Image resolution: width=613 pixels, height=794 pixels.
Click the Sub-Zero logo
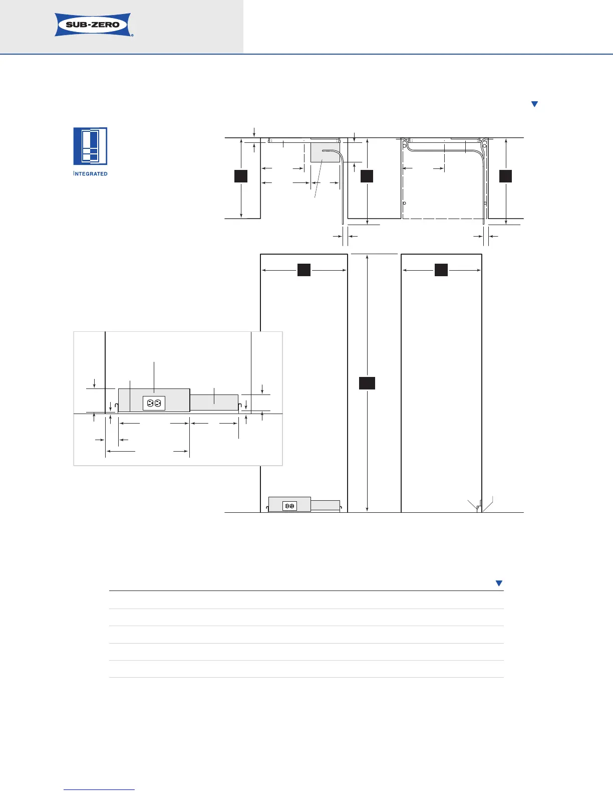(x=94, y=25)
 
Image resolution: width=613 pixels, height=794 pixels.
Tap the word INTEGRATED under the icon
(x=90, y=173)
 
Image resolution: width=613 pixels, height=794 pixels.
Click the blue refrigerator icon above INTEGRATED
(x=90, y=146)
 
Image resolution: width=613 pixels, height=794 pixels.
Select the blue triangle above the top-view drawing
(x=534, y=104)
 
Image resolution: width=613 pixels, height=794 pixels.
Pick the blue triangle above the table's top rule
(x=499, y=583)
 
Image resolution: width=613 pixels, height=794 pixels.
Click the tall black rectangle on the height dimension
(x=367, y=383)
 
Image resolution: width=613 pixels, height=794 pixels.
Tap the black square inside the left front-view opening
(x=304, y=270)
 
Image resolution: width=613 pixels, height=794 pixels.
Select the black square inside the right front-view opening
(x=441, y=270)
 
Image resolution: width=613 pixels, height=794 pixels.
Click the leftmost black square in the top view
(x=240, y=176)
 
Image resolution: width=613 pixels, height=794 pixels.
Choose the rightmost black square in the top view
(x=505, y=176)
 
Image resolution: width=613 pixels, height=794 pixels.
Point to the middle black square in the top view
(x=367, y=176)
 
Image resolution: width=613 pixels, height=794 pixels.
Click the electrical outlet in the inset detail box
(x=154, y=403)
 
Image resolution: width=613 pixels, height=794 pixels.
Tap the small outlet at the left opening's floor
(x=289, y=506)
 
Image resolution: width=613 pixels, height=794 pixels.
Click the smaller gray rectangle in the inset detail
(x=214, y=403)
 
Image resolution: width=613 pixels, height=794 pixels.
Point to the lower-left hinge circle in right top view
(x=404, y=203)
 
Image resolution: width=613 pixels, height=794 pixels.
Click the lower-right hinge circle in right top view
(x=485, y=203)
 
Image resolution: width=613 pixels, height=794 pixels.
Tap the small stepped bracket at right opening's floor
(x=479, y=506)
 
